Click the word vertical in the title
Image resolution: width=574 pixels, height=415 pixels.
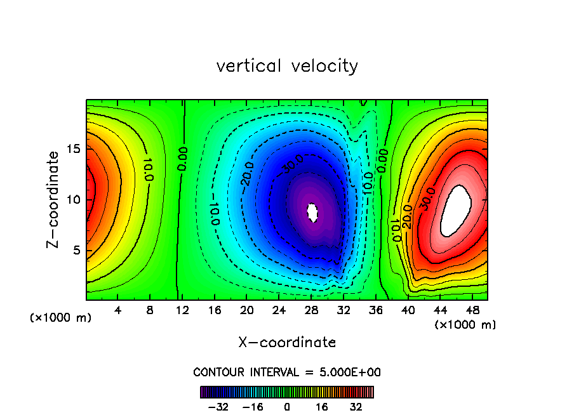[x=248, y=66]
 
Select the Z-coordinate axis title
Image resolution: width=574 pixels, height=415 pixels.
[x=54, y=199]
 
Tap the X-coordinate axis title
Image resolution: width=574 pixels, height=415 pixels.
[x=287, y=343]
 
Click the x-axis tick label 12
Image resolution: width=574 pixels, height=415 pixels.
[x=182, y=310]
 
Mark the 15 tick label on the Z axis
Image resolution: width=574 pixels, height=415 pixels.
[x=74, y=148]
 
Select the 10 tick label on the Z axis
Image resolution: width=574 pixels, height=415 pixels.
[x=74, y=199]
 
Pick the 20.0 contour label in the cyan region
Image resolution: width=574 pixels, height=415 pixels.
[x=249, y=173]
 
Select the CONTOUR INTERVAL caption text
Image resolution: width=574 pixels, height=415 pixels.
[x=287, y=372]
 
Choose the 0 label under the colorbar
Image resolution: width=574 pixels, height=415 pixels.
[x=287, y=406]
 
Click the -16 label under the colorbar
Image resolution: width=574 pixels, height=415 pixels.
[x=253, y=406]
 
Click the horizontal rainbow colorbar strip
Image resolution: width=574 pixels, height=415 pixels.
[x=287, y=392]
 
